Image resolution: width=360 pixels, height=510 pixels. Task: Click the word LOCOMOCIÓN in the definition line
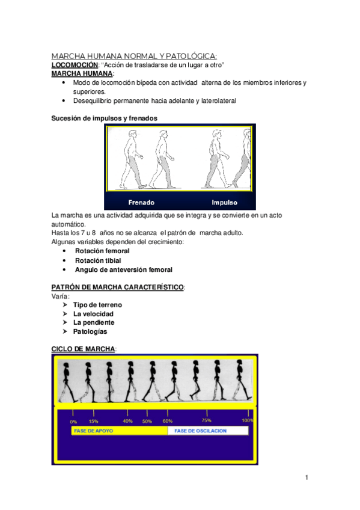75,65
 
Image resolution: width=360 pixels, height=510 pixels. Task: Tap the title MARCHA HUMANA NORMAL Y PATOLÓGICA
134,56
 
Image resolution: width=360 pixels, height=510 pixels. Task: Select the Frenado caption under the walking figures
141,202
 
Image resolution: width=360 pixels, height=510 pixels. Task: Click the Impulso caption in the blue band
225,202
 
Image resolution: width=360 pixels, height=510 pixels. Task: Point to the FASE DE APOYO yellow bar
119,431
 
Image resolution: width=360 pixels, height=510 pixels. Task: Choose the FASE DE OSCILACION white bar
208,431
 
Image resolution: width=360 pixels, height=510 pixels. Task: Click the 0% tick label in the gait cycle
73,422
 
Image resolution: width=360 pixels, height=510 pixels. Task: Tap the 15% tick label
94,421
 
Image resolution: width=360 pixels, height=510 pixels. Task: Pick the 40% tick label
127,421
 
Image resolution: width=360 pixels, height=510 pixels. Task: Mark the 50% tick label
147,421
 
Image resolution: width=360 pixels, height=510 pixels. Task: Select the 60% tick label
168,421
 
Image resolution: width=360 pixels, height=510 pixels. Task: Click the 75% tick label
206,420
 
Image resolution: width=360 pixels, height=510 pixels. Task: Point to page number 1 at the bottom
307,478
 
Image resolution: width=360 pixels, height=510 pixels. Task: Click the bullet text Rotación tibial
98,260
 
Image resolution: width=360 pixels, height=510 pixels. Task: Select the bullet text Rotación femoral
102,251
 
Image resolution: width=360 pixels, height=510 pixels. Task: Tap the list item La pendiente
94,322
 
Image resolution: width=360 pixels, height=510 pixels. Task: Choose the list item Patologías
90,331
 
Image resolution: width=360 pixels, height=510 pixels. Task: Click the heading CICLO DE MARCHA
83,349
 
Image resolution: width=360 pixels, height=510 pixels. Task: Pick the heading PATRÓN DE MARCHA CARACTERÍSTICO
118,287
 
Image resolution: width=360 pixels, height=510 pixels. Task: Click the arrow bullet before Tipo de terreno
65,305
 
